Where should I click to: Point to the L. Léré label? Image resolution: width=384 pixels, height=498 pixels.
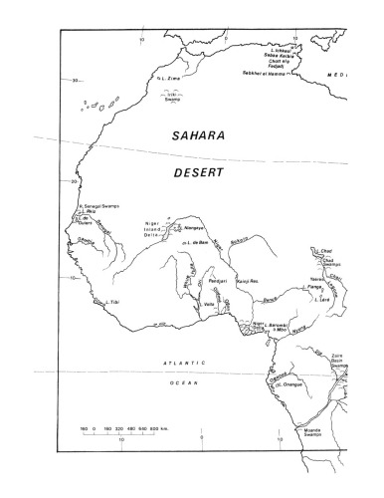point(321,298)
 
